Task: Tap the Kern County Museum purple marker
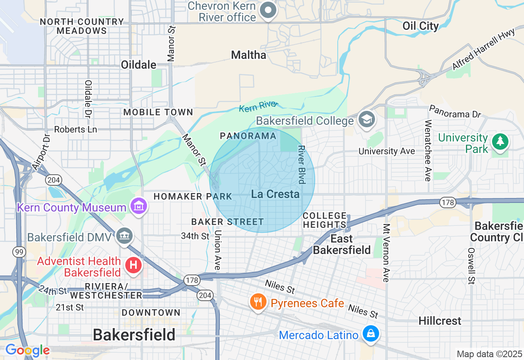(x=139, y=206)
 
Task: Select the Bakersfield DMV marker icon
(x=124, y=236)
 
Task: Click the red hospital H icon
(x=133, y=265)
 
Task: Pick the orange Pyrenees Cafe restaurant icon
(x=257, y=303)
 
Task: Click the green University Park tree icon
(x=500, y=142)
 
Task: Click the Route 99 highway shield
(x=18, y=252)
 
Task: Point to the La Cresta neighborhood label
(x=275, y=194)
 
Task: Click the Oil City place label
(x=420, y=26)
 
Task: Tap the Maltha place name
(x=248, y=55)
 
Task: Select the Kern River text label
(x=258, y=107)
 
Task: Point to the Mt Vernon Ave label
(x=386, y=253)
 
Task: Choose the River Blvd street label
(x=302, y=164)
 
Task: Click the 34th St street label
(x=195, y=236)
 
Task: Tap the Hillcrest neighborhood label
(x=440, y=321)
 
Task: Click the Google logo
(x=27, y=350)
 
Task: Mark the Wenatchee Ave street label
(x=428, y=151)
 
